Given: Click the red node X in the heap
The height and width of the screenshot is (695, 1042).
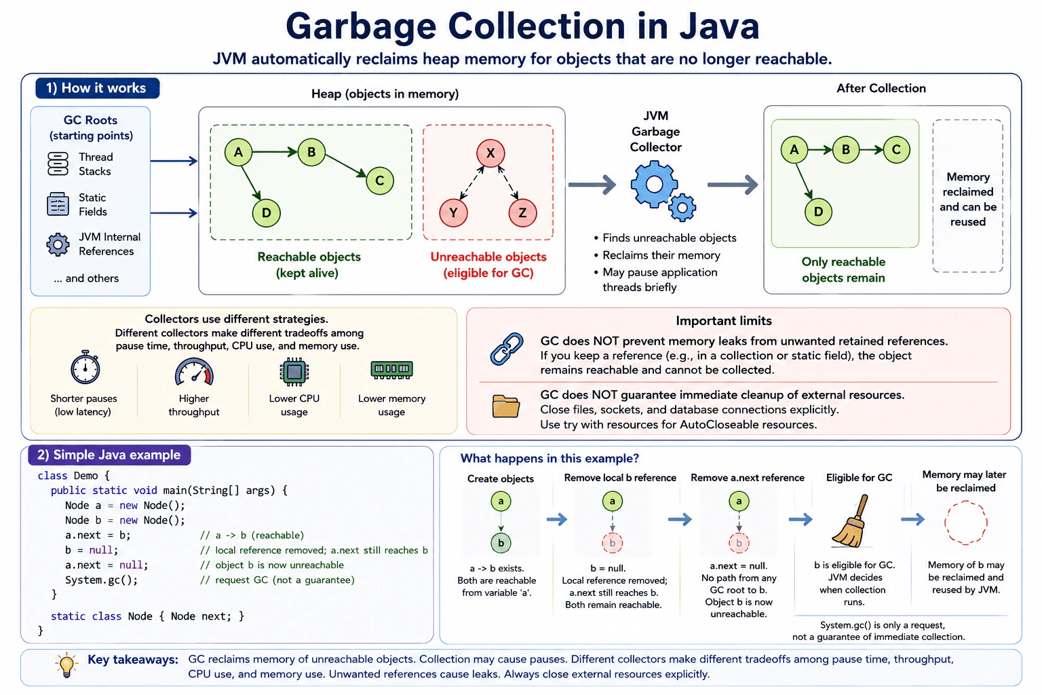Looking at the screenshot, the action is pyautogui.click(x=490, y=153).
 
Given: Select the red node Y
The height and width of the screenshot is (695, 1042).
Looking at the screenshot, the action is pyautogui.click(x=453, y=212).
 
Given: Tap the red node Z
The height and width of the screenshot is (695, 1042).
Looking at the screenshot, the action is pyautogui.click(x=522, y=212).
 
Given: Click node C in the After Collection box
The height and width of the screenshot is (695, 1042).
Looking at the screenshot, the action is pyautogui.click(x=896, y=149).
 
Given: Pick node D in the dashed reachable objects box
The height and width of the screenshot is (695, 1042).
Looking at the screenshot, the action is pyautogui.click(x=266, y=212).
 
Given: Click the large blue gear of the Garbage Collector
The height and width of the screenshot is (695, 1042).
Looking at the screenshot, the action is pyautogui.click(x=653, y=185).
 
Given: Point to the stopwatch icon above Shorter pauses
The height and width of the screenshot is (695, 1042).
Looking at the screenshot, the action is pyautogui.click(x=85, y=367).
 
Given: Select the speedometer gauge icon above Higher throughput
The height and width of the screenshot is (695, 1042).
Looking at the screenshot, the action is pyautogui.click(x=194, y=372).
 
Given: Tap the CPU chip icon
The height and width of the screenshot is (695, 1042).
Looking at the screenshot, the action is pyautogui.click(x=294, y=371).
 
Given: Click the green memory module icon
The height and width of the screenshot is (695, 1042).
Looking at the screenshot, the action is pyautogui.click(x=391, y=370).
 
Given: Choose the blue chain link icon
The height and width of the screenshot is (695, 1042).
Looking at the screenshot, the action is pyautogui.click(x=507, y=349).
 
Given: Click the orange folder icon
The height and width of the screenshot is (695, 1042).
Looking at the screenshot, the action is pyautogui.click(x=505, y=406).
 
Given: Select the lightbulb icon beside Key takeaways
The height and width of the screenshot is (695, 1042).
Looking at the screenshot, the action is pyautogui.click(x=66, y=664).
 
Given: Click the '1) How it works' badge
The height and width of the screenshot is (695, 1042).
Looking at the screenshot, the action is pyautogui.click(x=98, y=88).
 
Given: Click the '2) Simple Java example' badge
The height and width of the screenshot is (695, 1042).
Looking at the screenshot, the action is pyautogui.click(x=109, y=455).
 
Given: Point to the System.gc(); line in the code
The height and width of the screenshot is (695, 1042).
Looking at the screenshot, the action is pyautogui.click(x=101, y=580).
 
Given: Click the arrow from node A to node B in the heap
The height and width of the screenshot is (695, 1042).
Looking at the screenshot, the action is pyautogui.click(x=275, y=152).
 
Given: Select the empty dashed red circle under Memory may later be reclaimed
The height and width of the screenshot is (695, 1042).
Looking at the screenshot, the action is pyautogui.click(x=966, y=523).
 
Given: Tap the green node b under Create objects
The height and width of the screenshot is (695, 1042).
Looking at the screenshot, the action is pyautogui.click(x=501, y=543).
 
